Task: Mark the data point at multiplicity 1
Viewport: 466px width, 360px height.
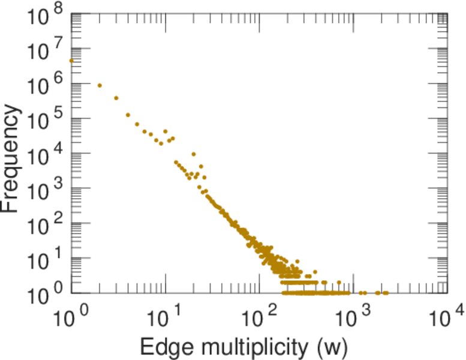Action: coord(71,61)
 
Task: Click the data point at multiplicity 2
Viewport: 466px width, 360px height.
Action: coord(100,85)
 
